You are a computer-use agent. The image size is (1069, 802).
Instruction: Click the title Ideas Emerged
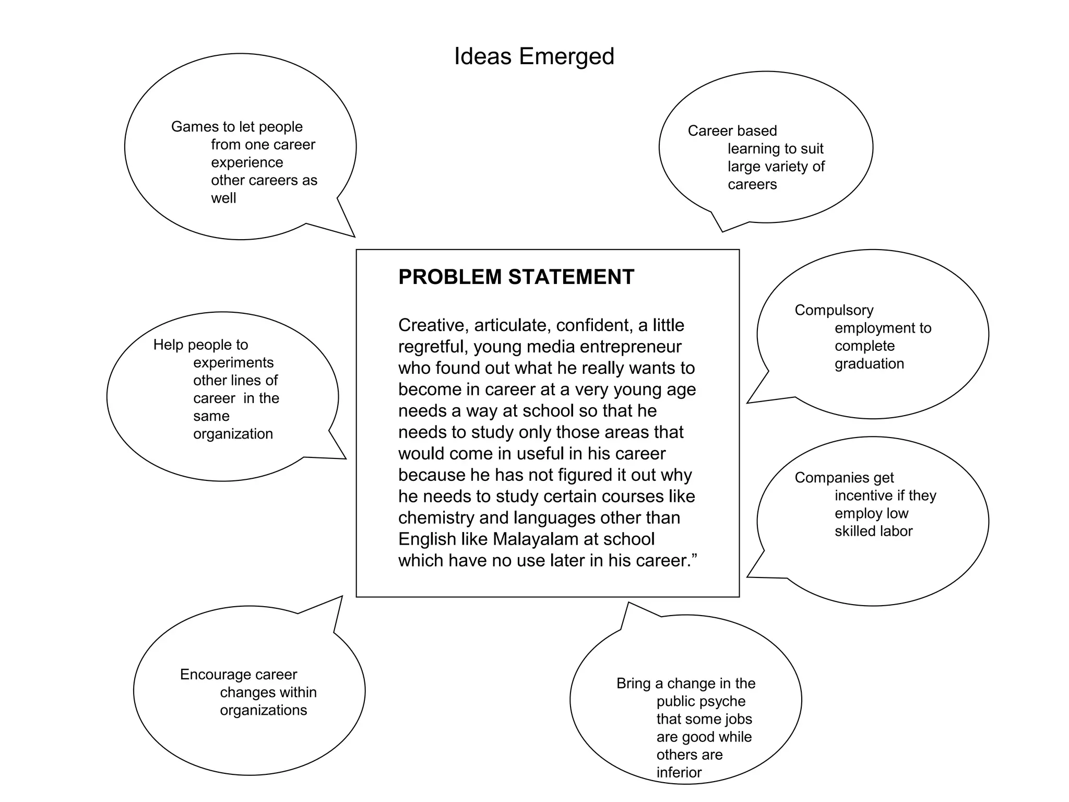click(x=534, y=56)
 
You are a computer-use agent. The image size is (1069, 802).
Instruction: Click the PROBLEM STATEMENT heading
click(x=516, y=277)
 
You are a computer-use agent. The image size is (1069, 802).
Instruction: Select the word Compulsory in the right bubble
click(x=834, y=310)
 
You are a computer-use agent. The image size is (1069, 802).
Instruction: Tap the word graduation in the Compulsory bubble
click(x=869, y=363)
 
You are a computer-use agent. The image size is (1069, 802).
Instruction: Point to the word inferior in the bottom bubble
click(x=679, y=772)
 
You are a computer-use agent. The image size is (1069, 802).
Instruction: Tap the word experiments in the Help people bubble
click(x=233, y=362)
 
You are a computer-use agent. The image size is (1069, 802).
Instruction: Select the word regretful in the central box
click(x=433, y=347)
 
